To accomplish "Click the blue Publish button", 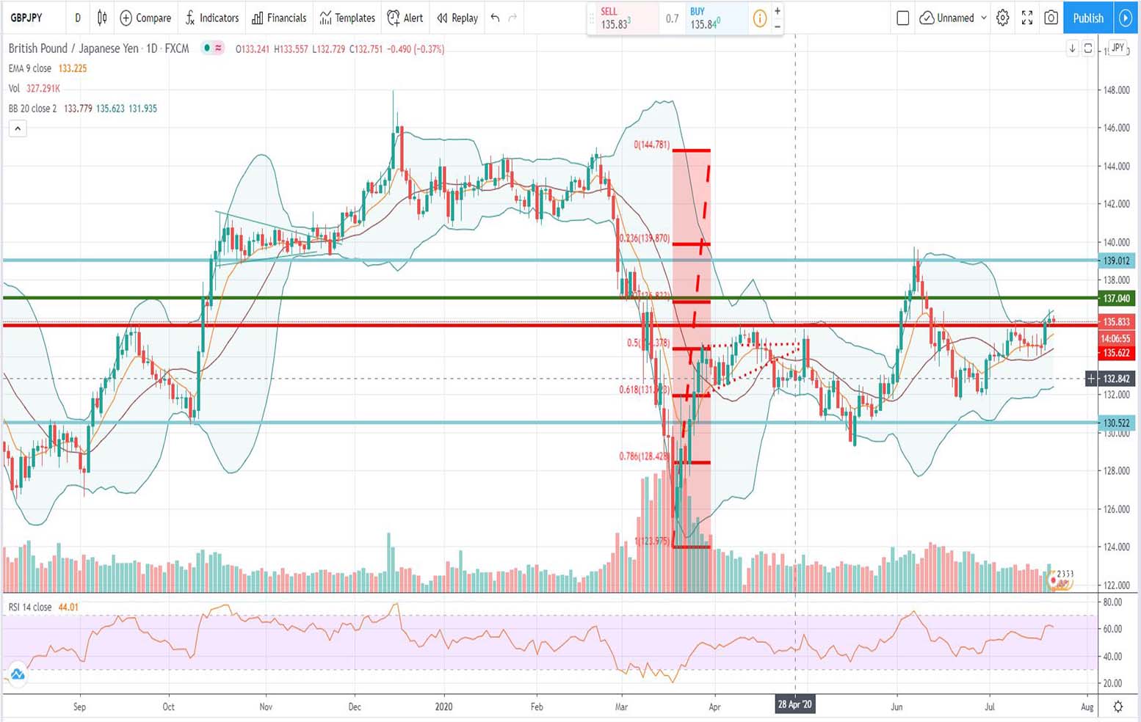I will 1087,18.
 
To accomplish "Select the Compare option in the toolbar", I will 145,18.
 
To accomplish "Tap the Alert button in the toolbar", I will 405,18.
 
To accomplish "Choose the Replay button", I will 457,18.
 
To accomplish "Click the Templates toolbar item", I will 347,18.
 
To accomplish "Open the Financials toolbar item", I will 279,18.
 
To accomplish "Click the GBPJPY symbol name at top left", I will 26,18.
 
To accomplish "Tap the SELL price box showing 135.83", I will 615,18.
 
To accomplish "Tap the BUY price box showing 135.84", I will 705,18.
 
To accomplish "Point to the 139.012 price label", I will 1116,260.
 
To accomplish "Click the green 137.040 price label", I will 1116,298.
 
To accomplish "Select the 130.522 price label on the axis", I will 1116,423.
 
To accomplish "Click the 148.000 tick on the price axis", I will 1116,90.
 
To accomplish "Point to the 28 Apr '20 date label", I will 795,705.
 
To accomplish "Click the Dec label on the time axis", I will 355,707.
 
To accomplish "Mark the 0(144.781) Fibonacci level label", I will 651,145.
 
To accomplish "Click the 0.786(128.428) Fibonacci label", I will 643,456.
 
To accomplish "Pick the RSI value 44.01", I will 68,607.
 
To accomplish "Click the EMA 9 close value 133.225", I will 73,68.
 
